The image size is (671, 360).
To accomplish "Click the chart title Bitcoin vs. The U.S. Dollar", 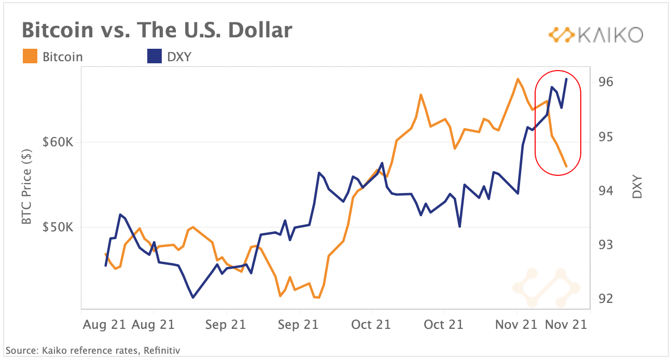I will click(157, 31).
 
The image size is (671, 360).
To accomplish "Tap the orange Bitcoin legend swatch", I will click(30, 57).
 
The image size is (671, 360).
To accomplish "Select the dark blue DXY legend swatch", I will click(155, 57).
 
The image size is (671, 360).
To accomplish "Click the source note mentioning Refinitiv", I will click(93, 351).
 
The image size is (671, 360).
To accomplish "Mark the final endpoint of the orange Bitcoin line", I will click(566, 167).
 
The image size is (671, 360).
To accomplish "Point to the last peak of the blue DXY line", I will click(566, 79).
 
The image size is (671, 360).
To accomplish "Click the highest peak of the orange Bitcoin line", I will click(518, 79).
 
